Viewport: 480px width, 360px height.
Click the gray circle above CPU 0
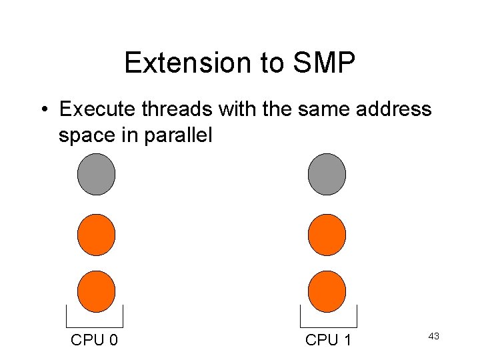point(97,174)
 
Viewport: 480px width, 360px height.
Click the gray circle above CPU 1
point(327,174)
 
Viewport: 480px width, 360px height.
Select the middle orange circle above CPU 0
point(97,235)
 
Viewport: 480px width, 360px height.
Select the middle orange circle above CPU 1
point(327,235)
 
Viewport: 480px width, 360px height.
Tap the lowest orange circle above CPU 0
point(97,292)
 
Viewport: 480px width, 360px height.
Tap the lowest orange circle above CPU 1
point(327,292)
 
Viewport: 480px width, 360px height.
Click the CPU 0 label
point(95,340)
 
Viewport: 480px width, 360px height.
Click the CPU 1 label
point(328,340)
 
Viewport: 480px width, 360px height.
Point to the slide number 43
point(433,336)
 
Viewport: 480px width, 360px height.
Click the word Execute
point(94,109)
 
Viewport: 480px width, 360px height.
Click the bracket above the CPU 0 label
point(95,317)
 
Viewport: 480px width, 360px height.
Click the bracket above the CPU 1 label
point(328,317)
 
